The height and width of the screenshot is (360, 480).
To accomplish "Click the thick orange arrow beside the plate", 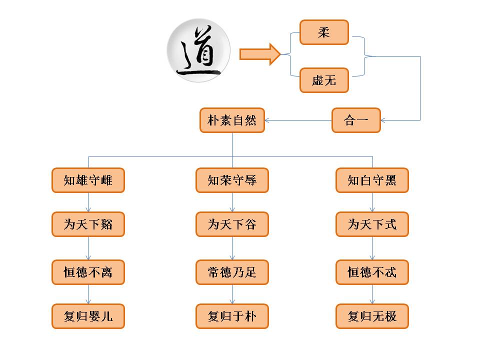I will [259, 54].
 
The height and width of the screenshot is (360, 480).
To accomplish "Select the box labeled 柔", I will [324, 32].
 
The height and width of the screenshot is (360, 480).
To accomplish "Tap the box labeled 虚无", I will [324, 80].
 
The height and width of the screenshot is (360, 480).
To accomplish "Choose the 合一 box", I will [356, 120].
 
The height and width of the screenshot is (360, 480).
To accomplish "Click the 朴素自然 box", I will [232, 120].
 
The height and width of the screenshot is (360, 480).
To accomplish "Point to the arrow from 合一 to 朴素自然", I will [298, 120].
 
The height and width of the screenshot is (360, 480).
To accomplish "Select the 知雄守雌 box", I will [88, 180].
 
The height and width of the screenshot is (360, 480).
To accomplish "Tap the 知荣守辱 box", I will [232, 180].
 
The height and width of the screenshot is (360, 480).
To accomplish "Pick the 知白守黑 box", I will [372, 180].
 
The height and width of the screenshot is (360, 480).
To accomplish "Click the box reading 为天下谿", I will [88, 224].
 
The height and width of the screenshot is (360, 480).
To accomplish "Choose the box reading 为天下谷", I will [232, 224].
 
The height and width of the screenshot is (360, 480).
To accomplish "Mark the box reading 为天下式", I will [372, 224].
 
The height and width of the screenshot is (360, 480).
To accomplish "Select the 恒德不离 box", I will [88, 272].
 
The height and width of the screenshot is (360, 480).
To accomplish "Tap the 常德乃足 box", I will [232, 272].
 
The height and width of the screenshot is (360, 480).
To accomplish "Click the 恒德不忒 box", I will [372, 272].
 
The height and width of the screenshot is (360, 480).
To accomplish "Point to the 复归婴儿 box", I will [88, 316].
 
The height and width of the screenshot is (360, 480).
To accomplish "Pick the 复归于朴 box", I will [232, 316].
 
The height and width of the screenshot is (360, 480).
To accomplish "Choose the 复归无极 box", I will [372, 316].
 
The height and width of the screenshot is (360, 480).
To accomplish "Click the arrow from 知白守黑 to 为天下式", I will [372, 202].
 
